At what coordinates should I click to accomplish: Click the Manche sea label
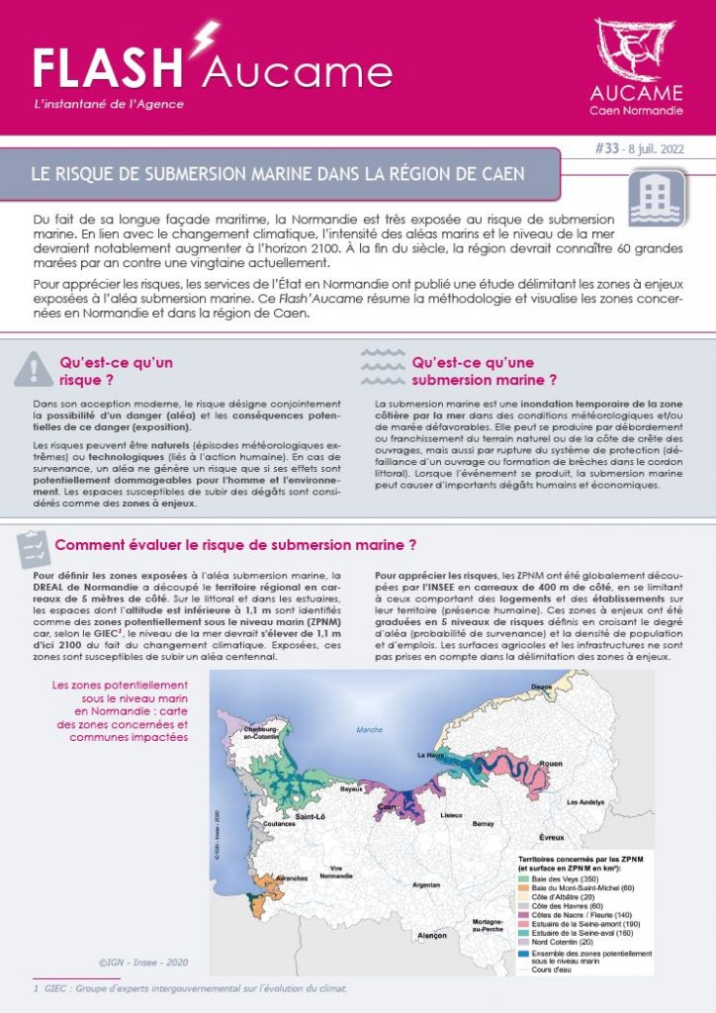369,730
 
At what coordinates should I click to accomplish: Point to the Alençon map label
432,935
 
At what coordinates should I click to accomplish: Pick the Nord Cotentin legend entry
560,942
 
